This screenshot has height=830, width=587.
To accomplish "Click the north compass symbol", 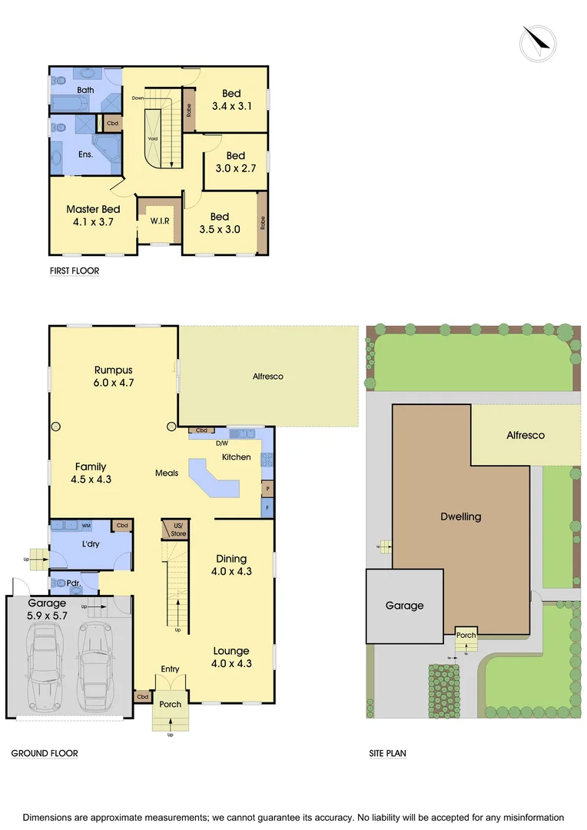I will coord(539,43).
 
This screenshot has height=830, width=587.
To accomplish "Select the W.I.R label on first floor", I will coord(160,221).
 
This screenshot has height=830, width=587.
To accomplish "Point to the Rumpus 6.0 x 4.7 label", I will coord(114,375).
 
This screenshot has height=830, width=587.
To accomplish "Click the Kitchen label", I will coord(236,457).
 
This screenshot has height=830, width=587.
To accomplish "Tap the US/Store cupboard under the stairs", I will coord(178,530).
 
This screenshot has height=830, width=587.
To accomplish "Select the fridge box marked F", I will coord(267,508).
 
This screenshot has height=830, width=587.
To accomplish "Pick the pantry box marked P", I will coord(267,488).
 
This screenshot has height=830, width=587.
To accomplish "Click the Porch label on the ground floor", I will coord(170,704).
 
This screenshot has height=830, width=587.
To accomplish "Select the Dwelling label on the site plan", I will coord(460,516).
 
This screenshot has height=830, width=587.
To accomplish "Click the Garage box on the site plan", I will coord(404,606).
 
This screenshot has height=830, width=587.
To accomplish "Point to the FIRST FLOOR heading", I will coord(75,271).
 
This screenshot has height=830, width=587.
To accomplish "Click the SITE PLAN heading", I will coord(387,754).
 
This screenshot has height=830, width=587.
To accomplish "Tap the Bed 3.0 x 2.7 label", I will coord(235,161).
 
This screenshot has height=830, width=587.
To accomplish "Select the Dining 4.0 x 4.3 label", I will coord(231,565).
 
